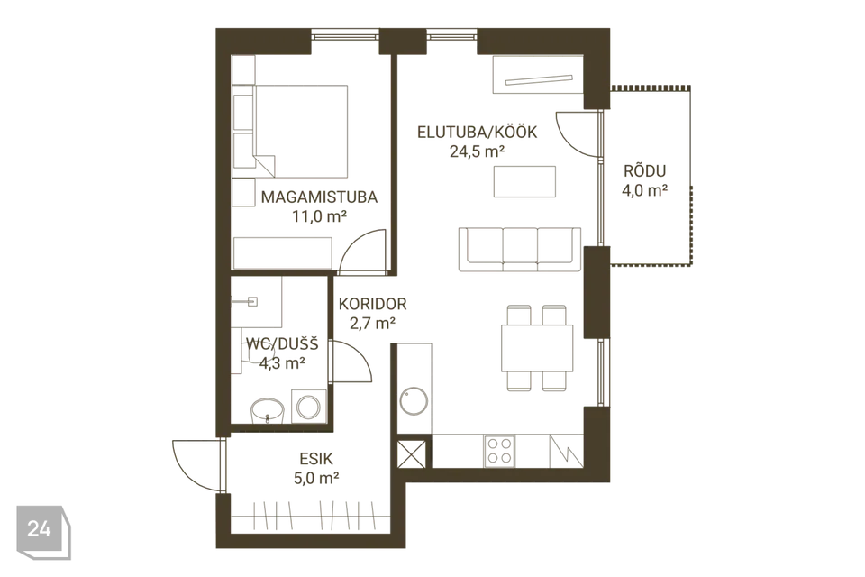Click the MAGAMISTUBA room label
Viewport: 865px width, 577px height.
tap(319, 197)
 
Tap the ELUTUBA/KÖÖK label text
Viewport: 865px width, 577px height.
tap(478, 132)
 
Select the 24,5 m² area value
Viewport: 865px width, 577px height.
tap(478, 151)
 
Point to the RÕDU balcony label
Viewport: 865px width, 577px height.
tap(645, 170)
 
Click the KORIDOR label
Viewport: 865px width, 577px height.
tap(372, 304)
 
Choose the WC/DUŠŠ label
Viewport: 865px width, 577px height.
tap(282, 344)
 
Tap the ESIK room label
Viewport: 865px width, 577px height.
tap(316, 459)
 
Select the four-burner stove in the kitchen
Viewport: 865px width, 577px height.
tap(499, 451)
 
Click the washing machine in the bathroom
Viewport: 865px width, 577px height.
tap(308, 407)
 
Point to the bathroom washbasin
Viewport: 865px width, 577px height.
tap(268, 410)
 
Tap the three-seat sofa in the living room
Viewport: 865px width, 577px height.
tap(520, 249)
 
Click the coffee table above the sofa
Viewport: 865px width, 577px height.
tap(524, 181)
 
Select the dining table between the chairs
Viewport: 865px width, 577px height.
tap(537, 348)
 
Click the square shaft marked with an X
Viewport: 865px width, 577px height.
tap(412, 453)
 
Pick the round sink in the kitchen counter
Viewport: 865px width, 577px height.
tap(414, 401)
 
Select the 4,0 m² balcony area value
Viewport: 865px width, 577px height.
tap(645, 190)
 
